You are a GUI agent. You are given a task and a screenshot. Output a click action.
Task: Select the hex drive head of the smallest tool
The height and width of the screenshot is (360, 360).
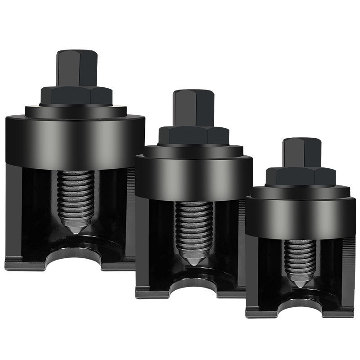(x=302, y=152)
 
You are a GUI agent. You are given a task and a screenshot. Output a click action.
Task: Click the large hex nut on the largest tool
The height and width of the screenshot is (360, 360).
(x=76, y=95)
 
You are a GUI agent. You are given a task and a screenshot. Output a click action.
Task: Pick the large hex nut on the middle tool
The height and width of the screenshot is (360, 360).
(x=193, y=135)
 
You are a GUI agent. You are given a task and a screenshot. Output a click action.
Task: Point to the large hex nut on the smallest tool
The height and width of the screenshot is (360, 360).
(x=300, y=176)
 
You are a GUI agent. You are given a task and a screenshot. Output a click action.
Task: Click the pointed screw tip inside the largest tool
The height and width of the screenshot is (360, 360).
(x=75, y=227)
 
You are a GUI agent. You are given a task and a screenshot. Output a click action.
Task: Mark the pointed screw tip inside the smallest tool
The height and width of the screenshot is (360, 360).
(x=300, y=283)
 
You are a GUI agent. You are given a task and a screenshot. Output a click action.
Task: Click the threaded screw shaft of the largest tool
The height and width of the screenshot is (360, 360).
(x=76, y=193)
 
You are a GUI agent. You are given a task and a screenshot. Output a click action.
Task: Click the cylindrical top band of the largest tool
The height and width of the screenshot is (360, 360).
(x=75, y=137)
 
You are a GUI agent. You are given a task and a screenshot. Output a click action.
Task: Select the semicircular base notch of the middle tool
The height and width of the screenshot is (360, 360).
(x=193, y=285)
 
